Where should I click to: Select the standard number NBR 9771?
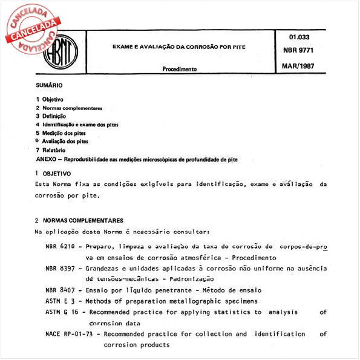pyautogui.click(x=301, y=53)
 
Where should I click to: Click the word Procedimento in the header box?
pyautogui.click(x=180, y=69)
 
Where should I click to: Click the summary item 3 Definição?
pyautogui.click(x=51, y=116)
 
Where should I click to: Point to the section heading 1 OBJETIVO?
pyautogui.click(x=53, y=174)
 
